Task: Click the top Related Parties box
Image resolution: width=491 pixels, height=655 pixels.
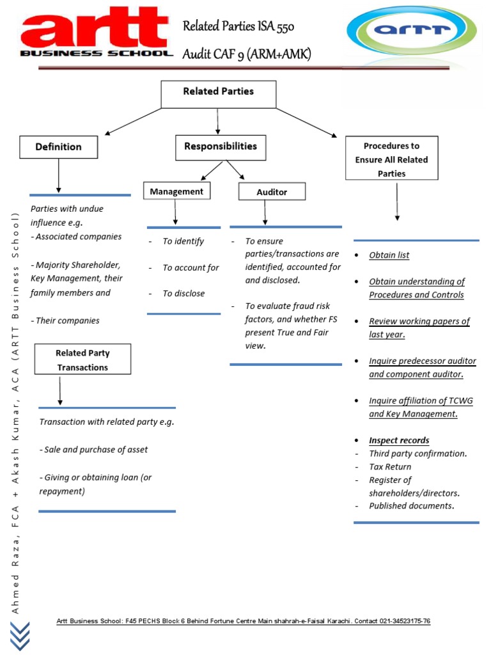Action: click(x=218, y=93)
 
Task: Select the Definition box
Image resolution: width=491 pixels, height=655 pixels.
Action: click(x=59, y=147)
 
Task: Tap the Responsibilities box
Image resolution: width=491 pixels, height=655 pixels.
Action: click(x=221, y=147)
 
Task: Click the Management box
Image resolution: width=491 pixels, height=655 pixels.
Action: click(x=176, y=191)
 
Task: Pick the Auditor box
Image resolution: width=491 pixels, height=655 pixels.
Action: click(x=272, y=191)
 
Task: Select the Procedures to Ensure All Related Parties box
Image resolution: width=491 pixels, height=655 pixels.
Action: click(x=391, y=159)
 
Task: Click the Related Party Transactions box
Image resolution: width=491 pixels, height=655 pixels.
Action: click(x=82, y=359)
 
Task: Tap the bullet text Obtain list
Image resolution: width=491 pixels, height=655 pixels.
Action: click(x=389, y=255)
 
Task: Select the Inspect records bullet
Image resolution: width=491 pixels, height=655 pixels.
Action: click(x=399, y=440)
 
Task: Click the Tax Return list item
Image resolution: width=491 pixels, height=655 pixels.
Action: click(x=390, y=467)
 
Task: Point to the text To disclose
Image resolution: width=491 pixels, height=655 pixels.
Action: click(x=183, y=294)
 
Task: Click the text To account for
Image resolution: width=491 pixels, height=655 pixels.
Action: click(x=191, y=267)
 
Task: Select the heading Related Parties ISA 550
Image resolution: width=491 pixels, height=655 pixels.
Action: click(x=238, y=26)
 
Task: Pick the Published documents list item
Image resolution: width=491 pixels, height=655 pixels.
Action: click(x=411, y=506)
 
